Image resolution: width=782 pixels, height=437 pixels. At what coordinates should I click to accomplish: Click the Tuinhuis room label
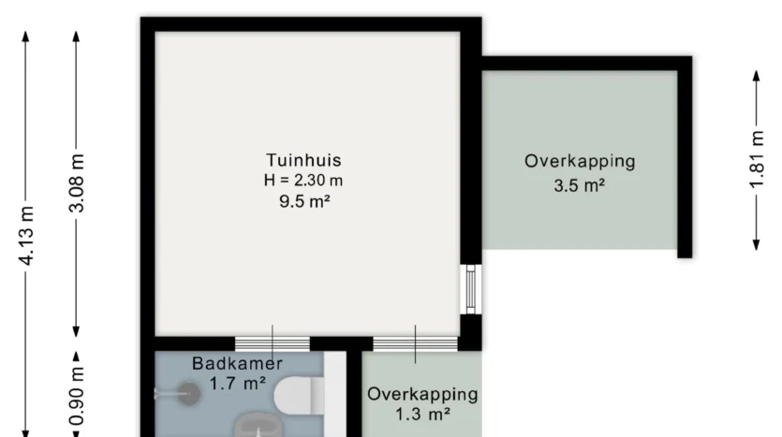[303, 160]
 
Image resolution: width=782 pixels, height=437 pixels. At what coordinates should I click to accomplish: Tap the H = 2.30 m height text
[303, 180]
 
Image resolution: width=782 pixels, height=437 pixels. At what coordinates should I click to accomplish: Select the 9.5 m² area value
[304, 201]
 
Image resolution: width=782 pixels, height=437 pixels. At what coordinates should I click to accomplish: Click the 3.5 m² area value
[580, 185]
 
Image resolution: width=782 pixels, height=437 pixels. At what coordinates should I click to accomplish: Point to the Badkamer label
[237, 363]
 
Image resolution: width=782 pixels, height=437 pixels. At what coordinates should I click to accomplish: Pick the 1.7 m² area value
[237, 384]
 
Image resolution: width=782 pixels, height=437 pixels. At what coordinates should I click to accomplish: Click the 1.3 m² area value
[423, 414]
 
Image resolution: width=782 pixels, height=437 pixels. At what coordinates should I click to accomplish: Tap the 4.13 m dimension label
[26, 235]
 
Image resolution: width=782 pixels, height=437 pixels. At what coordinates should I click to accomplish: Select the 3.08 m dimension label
[76, 182]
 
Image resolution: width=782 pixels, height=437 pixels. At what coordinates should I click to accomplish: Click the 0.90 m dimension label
[76, 397]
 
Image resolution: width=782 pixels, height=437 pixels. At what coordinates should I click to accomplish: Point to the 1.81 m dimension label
[757, 159]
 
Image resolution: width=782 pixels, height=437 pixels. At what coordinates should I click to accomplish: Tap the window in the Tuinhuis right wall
[471, 289]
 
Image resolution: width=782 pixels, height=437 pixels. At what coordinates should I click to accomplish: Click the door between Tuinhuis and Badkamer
[273, 343]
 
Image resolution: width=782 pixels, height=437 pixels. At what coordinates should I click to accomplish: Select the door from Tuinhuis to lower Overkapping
[416, 343]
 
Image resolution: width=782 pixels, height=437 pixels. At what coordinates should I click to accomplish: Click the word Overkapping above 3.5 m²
[580, 162]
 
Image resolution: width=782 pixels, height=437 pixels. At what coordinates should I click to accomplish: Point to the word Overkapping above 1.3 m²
[423, 394]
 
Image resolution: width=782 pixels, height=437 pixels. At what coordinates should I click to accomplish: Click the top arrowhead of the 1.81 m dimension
[757, 75]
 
